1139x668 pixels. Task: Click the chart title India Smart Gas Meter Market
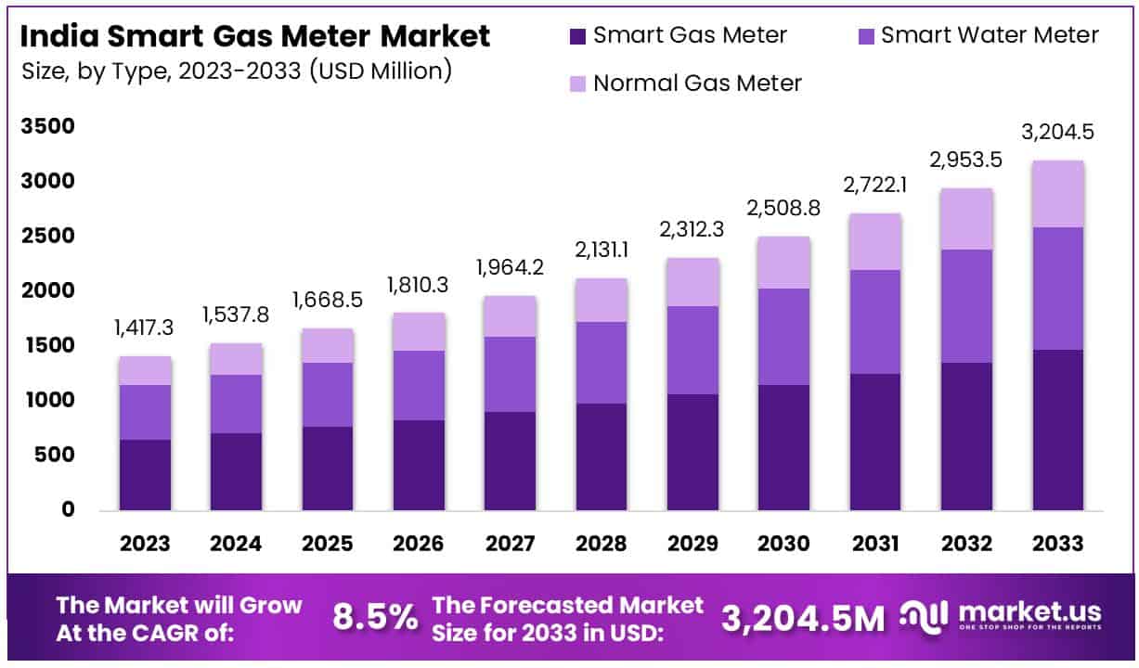pos(255,37)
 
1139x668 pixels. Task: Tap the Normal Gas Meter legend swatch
pos(577,83)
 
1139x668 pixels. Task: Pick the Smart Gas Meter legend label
pos(690,36)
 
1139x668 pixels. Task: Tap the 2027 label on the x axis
pos(510,544)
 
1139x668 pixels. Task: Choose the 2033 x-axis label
pos(1058,544)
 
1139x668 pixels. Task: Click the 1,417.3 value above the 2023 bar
pos(145,329)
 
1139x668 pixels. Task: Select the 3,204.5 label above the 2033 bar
pos(1058,132)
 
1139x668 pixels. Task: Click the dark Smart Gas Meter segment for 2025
pos(328,469)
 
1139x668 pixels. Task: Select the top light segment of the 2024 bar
pos(236,359)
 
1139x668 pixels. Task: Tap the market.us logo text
pos(1030,612)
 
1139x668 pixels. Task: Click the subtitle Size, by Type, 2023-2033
pos(237,70)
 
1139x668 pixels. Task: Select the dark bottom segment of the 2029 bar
pos(693,452)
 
